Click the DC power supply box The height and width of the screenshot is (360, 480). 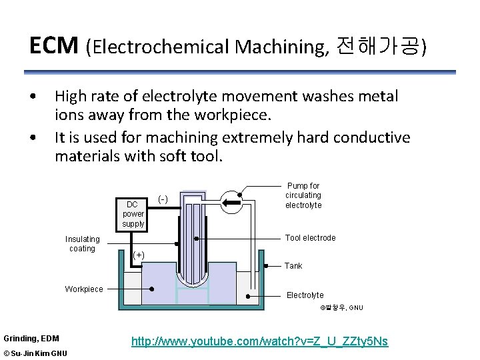(133, 213)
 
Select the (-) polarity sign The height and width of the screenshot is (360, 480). (163, 199)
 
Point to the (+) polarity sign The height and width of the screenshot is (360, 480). (139, 254)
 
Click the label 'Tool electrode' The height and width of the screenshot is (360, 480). (310, 238)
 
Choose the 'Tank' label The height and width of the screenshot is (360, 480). (293, 266)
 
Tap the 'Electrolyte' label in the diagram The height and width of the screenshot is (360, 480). (305, 295)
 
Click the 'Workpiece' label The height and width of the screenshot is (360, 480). (84, 289)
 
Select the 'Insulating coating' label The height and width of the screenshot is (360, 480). (83, 244)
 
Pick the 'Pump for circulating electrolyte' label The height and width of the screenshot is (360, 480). (303, 195)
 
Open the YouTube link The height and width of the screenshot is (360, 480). (259, 342)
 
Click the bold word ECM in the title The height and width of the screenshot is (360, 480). (54, 45)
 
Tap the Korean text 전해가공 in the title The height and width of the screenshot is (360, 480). (379, 46)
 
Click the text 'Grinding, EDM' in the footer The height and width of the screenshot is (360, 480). (31, 339)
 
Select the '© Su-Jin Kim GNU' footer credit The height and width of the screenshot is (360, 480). (35, 353)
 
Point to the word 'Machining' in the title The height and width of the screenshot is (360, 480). (281, 47)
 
